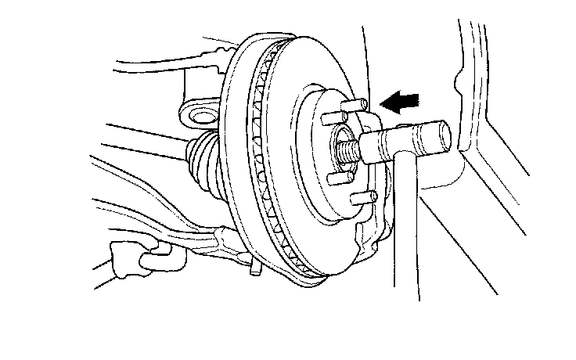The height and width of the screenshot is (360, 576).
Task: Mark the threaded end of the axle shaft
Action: [344, 146]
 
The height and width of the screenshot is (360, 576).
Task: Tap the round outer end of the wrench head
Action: [441, 135]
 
